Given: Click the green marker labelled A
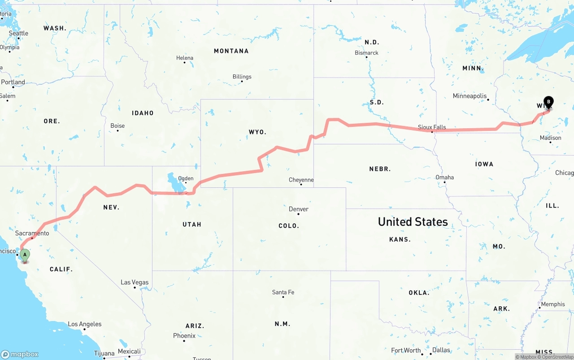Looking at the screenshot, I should pos(25,255).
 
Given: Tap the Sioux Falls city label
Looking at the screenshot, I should pos(432,127).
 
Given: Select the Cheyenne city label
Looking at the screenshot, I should pos(301,180).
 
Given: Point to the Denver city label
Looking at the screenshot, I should pos(299,209).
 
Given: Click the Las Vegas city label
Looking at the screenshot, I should pos(135,282).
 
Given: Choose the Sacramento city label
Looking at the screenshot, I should pos(32,233).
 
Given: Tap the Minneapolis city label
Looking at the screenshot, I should pos(470,96).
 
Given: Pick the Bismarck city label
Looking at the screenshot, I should pos(366,53).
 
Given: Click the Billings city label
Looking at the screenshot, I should pos(242,77).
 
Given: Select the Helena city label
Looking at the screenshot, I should pos(185,58).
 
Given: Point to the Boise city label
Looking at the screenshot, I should pos(117,126).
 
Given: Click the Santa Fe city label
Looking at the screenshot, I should pos(283,292).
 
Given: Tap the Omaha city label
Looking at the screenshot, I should pos(444,178).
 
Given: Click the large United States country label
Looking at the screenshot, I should pos(413,221).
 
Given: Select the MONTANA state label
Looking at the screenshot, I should pos(231,51).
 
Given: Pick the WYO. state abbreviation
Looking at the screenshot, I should pos(257,132).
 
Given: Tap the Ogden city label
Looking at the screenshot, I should pos(186,179).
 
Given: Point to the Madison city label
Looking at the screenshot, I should pos(550,138).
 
